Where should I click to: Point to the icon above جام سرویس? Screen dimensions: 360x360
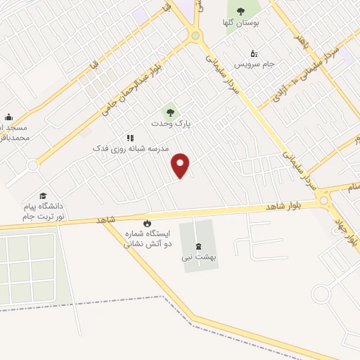(254, 53)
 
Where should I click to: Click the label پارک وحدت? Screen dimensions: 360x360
(170, 123)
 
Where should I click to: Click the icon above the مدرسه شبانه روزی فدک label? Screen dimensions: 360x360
(129, 138)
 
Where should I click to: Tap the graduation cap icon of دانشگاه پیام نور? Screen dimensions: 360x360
(43, 195)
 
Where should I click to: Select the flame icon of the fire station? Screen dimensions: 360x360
(147, 224)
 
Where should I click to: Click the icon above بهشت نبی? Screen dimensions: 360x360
(198, 245)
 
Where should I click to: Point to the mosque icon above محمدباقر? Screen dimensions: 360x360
(8, 117)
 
